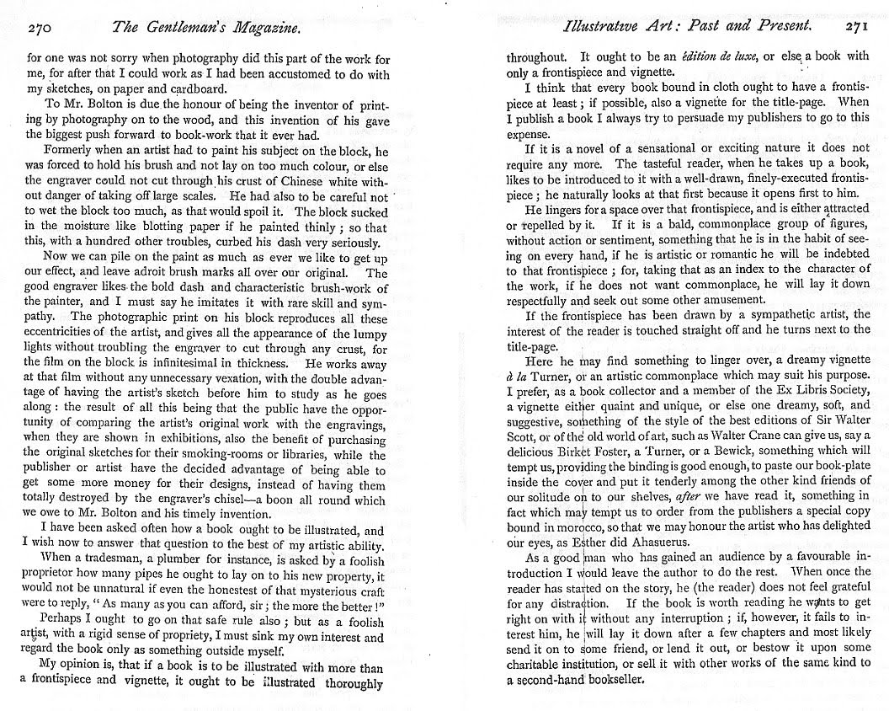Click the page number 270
[x=40, y=29]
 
